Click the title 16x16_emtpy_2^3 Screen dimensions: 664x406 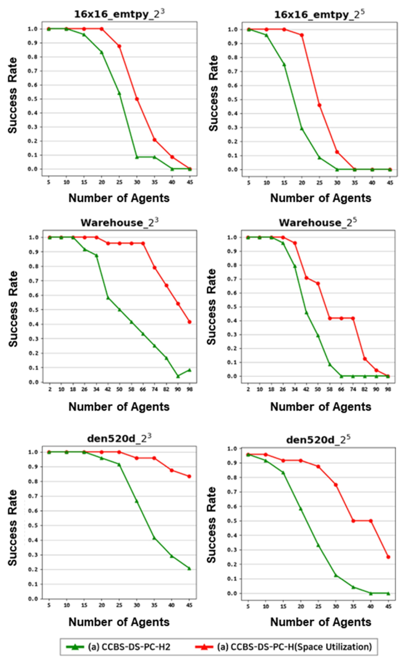[119, 14]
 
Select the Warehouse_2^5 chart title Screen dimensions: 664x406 [318, 223]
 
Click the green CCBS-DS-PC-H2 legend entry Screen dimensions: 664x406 [119, 647]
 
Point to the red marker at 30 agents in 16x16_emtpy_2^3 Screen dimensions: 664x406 [137, 99]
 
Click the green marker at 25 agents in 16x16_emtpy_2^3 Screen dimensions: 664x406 [119, 94]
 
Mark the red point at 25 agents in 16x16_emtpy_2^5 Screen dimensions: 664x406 [320, 105]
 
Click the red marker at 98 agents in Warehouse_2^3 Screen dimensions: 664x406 [189, 322]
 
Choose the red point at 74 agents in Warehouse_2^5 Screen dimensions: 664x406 [353, 318]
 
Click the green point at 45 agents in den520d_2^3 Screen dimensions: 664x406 [189, 568]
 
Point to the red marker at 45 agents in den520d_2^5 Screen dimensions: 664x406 [388, 557]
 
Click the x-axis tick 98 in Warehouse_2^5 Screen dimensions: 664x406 [388, 389]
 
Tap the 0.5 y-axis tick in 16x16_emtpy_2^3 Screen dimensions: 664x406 [31, 99]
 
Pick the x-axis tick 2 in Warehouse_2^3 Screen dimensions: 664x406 [50, 389]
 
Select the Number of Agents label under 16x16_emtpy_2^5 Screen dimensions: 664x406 [321, 198]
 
